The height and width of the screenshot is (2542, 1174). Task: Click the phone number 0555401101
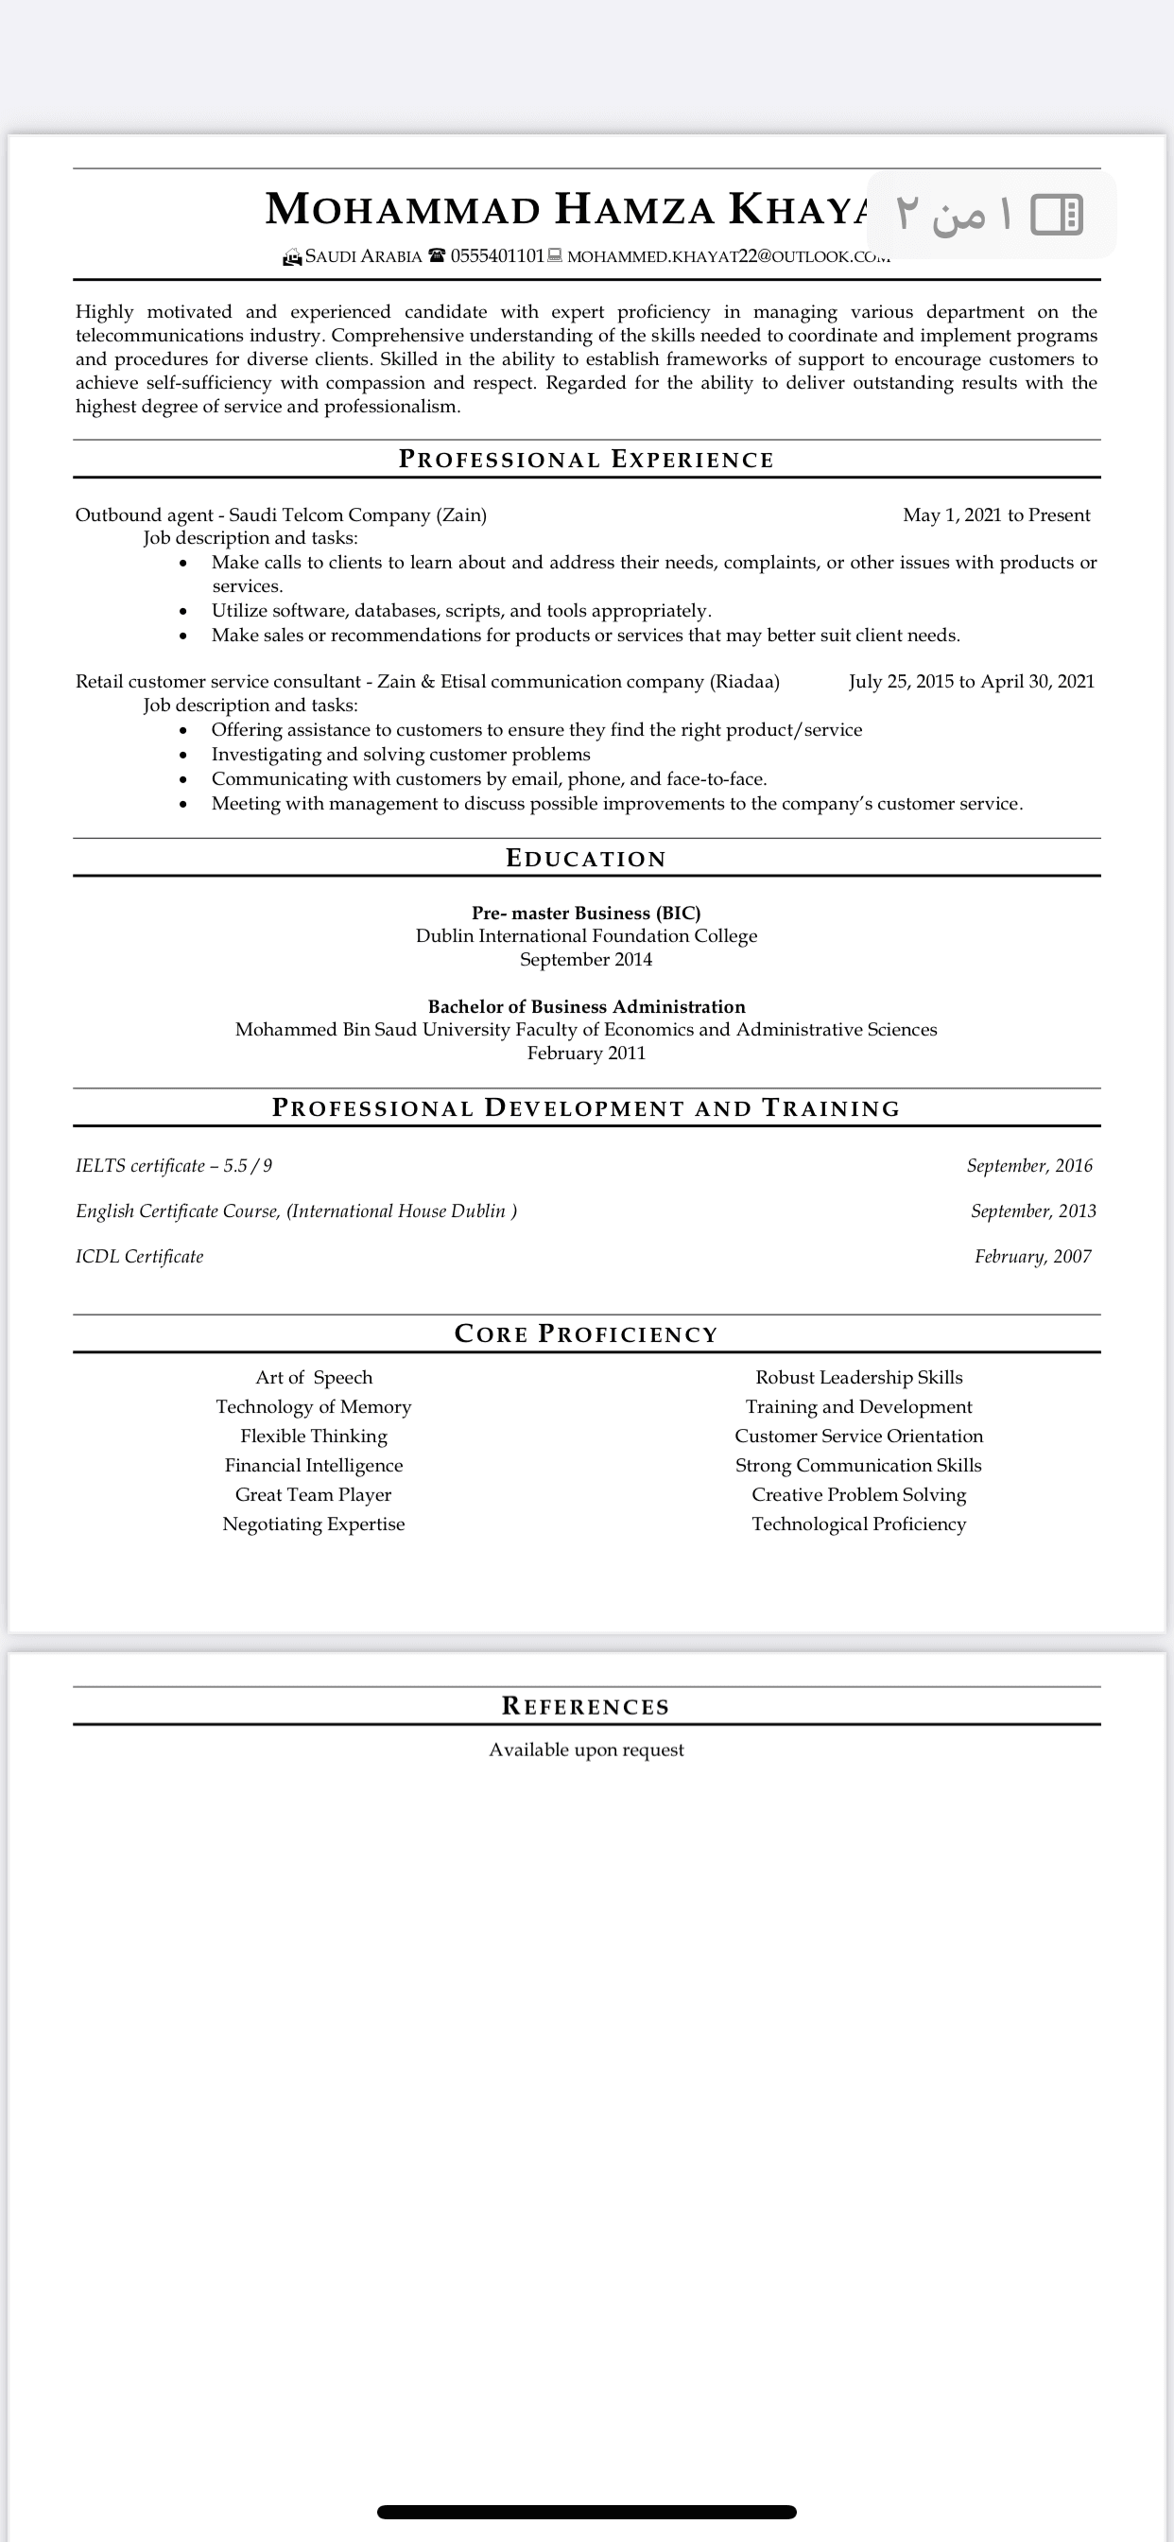click(497, 256)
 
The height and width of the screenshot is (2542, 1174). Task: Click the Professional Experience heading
click(586, 460)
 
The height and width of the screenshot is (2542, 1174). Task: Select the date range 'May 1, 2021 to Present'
click(996, 515)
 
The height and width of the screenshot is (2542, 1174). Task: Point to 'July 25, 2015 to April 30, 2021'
click(971, 682)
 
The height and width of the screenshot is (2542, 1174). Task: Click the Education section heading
click(586, 859)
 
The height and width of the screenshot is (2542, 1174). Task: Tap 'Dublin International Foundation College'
click(586, 936)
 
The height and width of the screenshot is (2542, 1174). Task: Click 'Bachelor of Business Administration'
click(586, 1006)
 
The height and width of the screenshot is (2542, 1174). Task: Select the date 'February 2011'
click(586, 1053)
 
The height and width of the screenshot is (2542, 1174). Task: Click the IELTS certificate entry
click(174, 1166)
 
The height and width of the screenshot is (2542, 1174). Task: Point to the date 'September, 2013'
click(1033, 1211)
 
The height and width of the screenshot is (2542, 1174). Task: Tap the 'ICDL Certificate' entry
click(139, 1257)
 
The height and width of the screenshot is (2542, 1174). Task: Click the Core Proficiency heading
click(586, 1334)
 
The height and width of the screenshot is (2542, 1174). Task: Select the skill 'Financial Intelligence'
click(314, 1467)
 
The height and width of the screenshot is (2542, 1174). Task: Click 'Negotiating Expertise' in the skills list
click(314, 1524)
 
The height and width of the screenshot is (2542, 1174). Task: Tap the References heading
click(586, 1707)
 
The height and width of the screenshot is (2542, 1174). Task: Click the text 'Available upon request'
click(586, 1750)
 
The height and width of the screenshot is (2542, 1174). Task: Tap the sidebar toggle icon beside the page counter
click(1057, 214)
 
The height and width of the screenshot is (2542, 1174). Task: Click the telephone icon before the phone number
click(436, 256)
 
